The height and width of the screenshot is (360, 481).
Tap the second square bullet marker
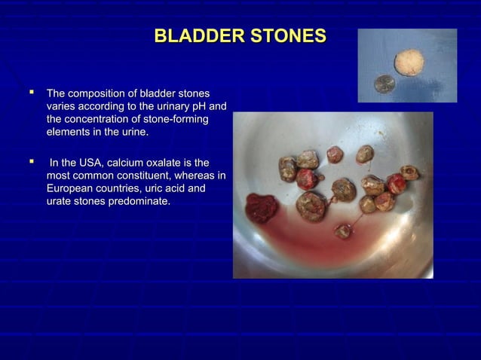tap(32, 163)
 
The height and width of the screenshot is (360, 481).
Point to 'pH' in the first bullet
tap(197, 106)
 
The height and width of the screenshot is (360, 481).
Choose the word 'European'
tap(72, 190)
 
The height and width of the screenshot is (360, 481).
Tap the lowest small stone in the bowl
tap(342, 231)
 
